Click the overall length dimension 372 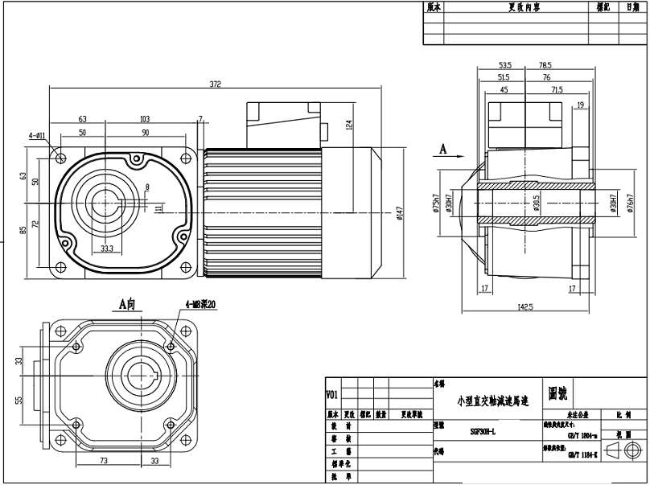click(216, 83)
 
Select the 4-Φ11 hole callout click(39, 136)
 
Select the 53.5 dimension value click(505, 65)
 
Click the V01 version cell click(332, 394)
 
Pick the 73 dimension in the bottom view click(104, 462)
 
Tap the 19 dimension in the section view click(580, 105)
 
